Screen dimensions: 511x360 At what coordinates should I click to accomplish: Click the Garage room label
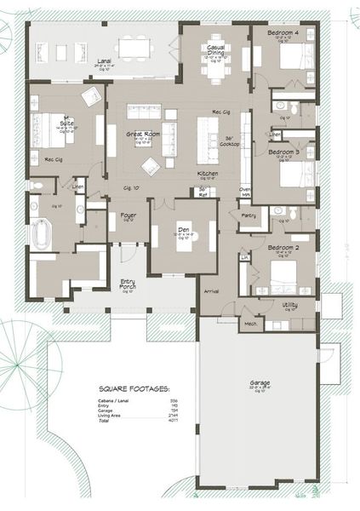pos(260,383)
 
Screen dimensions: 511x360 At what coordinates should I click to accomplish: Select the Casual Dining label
pos(213,49)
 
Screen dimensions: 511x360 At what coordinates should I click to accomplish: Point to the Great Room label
pos(139,133)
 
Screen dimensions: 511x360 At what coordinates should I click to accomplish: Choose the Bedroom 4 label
pos(283,32)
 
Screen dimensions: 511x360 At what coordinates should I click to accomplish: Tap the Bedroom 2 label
pos(283,248)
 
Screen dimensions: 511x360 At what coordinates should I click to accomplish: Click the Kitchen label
pos(209,174)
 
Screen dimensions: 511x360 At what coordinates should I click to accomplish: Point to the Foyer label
pos(128,215)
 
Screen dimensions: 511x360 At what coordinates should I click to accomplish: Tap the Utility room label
pos(290,304)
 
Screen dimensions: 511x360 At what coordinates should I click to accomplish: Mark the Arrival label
pos(211,291)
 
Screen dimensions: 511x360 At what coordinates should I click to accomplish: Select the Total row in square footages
pos(106,422)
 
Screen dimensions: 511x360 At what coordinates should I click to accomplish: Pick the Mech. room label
pos(250,324)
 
